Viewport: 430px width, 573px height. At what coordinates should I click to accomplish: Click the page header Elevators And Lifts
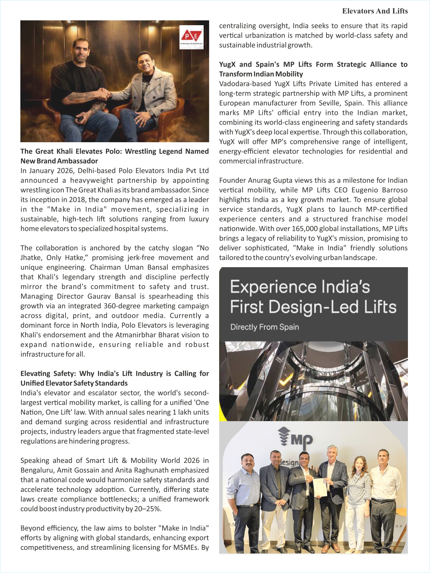pyautogui.click(x=375, y=11)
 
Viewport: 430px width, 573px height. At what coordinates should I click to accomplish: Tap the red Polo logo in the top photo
pyautogui.click(x=191, y=36)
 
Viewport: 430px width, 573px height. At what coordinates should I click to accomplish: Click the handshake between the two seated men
pyautogui.click(x=104, y=94)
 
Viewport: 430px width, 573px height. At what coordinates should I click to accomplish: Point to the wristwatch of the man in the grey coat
pyautogui.click(x=151, y=113)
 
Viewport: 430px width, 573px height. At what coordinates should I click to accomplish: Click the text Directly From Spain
pyautogui.click(x=264, y=327)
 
